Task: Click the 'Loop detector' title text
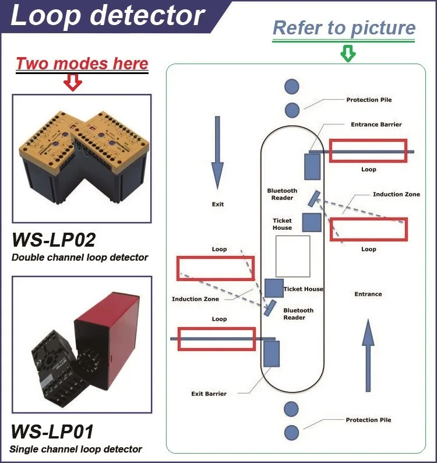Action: pyautogui.click(x=108, y=16)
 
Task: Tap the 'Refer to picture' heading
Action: pyautogui.click(x=344, y=28)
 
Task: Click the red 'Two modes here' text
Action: pyautogui.click(x=82, y=63)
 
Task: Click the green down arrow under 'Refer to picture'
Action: pyautogui.click(x=347, y=54)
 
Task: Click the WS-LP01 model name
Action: pyautogui.click(x=52, y=432)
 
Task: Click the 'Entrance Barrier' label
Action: pyautogui.click(x=376, y=125)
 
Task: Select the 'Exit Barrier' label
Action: pyautogui.click(x=209, y=394)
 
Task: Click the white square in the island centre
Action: pyautogui.click(x=292, y=256)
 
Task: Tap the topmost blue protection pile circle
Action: pyautogui.click(x=292, y=87)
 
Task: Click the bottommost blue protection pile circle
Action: pyautogui.click(x=292, y=432)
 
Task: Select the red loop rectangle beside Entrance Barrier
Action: pyautogui.click(x=368, y=150)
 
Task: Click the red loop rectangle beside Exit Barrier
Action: pyautogui.click(x=216, y=339)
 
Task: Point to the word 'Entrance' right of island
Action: pyautogui.click(x=368, y=294)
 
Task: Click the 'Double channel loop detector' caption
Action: pyautogui.click(x=79, y=257)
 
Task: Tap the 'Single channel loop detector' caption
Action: pyautogui.click(x=76, y=449)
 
